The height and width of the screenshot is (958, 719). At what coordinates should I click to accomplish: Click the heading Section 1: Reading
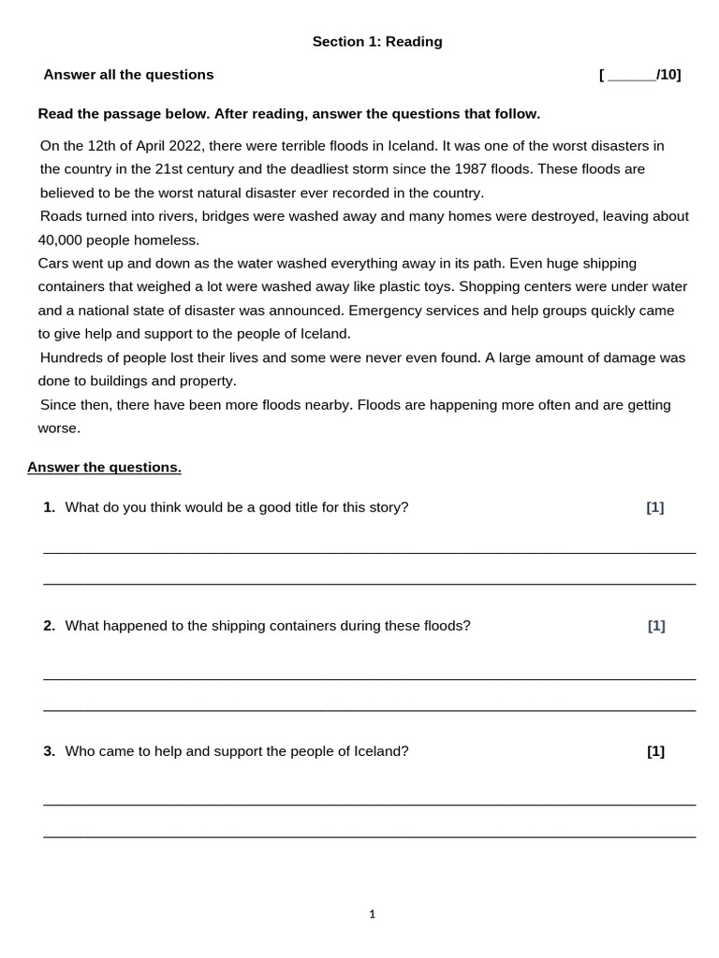[x=377, y=42]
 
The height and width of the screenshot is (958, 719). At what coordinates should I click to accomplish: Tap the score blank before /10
[x=632, y=76]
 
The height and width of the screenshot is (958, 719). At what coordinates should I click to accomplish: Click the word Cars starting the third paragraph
[x=54, y=264]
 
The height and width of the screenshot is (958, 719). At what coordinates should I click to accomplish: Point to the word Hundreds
[x=72, y=357]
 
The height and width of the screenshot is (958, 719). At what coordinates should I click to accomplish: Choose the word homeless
[x=169, y=240]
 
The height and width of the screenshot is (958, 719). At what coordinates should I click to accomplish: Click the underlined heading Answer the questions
[x=104, y=468]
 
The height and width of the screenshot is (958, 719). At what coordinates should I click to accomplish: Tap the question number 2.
[x=49, y=626]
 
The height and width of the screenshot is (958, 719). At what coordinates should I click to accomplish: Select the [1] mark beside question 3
[x=655, y=751]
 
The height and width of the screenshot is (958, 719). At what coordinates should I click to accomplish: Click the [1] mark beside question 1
[x=654, y=507]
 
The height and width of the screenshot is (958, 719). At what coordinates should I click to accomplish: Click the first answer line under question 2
[x=369, y=678]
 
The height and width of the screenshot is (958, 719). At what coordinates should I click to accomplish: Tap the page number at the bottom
[x=372, y=915]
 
